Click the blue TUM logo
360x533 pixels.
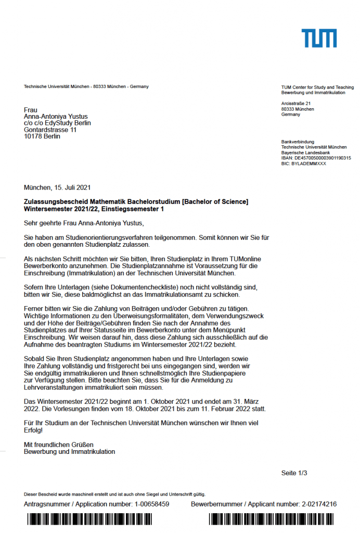pos(319,39)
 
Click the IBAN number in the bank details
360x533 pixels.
pos(316,158)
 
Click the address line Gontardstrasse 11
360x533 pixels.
pos(50,130)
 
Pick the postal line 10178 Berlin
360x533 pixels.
pos(42,136)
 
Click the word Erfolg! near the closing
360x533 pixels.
pos(33,430)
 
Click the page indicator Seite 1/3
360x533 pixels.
pos(294,473)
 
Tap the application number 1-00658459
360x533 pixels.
pos(152,504)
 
